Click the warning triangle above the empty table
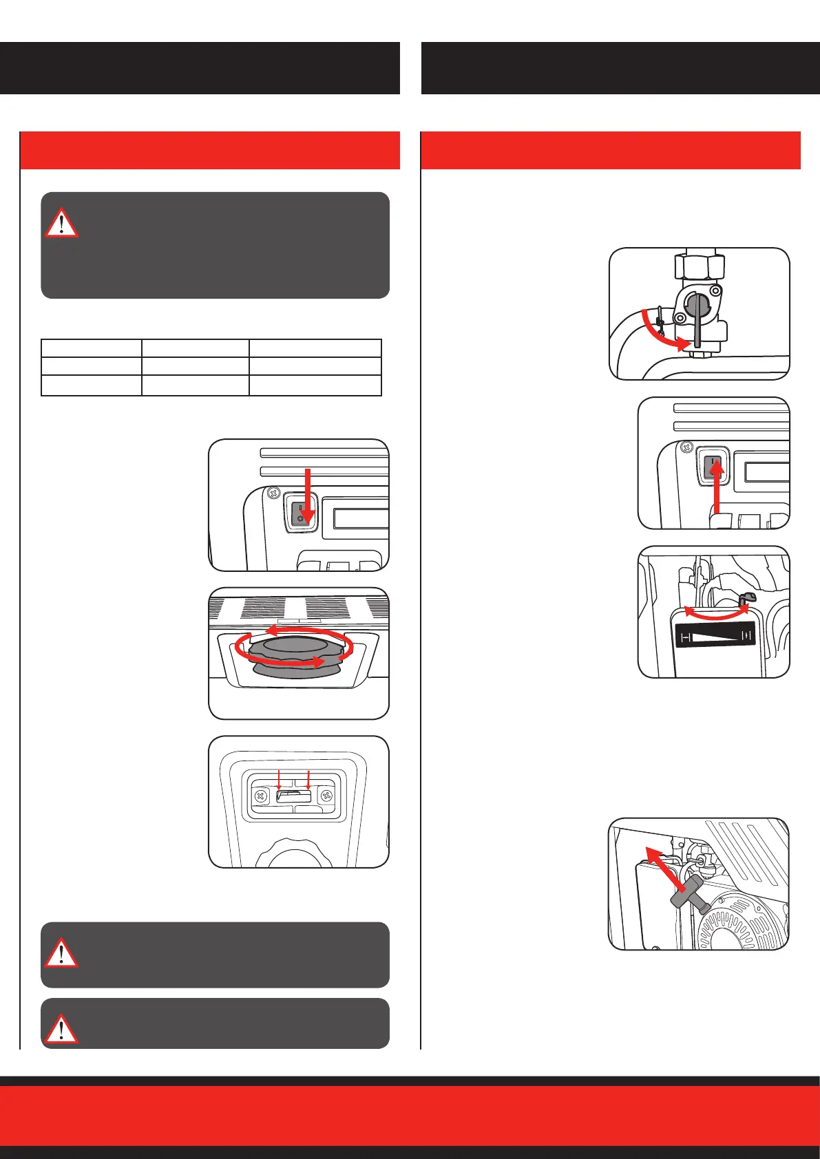(x=61, y=223)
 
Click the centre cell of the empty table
(x=195, y=366)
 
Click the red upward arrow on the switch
(x=717, y=486)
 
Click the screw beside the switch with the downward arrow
(x=273, y=493)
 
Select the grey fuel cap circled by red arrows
(x=294, y=654)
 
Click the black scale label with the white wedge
(x=715, y=637)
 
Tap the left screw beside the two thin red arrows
(x=261, y=797)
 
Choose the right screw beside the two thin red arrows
(x=327, y=797)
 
